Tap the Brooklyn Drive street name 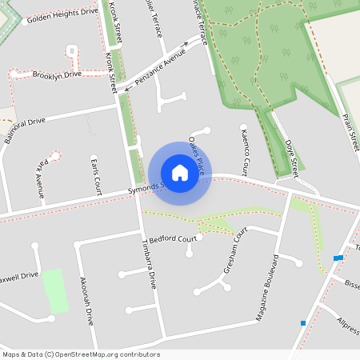click(57, 74)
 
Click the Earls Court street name click(97, 176)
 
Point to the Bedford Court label click(173, 238)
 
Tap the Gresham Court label click(236, 255)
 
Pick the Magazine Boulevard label click(266, 288)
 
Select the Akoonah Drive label click(86, 299)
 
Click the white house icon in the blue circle click(180, 173)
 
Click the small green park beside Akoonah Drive click(55, 291)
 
